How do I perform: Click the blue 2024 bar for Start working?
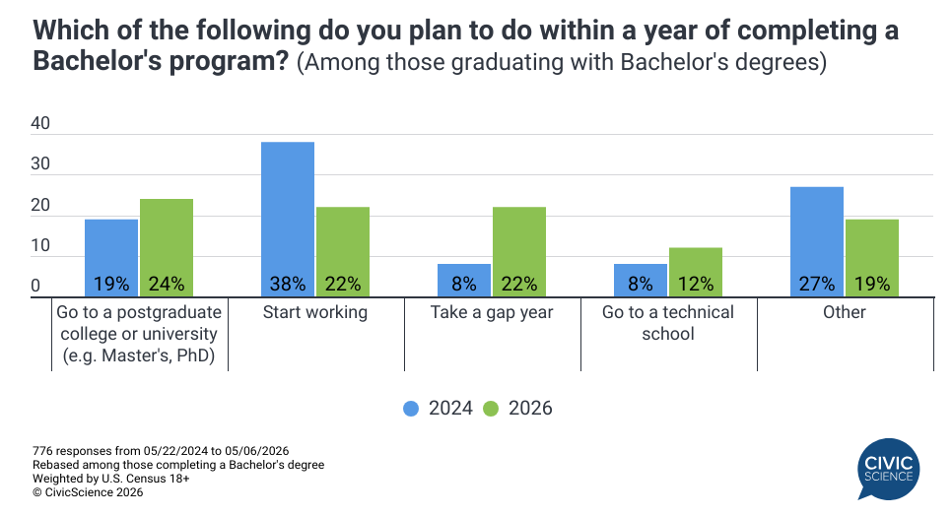pyautogui.click(x=288, y=220)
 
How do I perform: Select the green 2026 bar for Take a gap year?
pyautogui.click(x=519, y=252)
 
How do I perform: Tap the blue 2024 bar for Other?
pyautogui.click(x=817, y=242)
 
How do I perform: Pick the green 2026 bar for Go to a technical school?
pyautogui.click(x=696, y=272)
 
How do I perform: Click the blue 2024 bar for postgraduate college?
pyautogui.click(x=111, y=258)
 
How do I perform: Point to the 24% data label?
pyautogui.click(x=167, y=284)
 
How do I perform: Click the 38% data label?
pyautogui.click(x=288, y=284)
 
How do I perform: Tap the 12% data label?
pyautogui.click(x=696, y=284)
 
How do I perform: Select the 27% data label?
pyautogui.click(x=817, y=284)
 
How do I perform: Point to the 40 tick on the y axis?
pyautogui.click(x=40, y=123)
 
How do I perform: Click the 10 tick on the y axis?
pyautogui.click(x=40, y=245)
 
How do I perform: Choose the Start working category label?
pyautogui.click(x=315, y=312)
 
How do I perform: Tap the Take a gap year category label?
pyautogui.click(x=492, y=312)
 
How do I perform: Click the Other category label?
pyautogui.click(x=845, y=312)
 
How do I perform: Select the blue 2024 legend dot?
pyautogui.click(x=411, y=409)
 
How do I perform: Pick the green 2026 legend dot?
pyautogui.click(x=491, y=409)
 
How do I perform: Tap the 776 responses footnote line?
pyautogui.click(x=161, y=451)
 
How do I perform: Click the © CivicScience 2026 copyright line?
pyautogui.click(x=88, y=492)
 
